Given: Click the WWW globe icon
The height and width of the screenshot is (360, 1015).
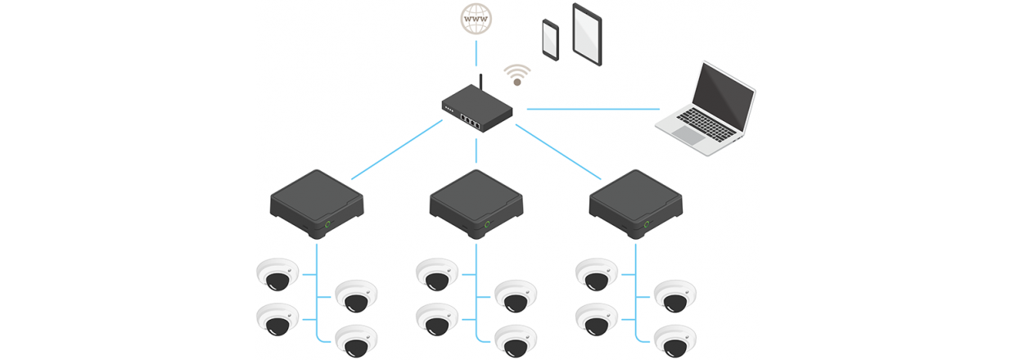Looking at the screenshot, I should tap(475, 17).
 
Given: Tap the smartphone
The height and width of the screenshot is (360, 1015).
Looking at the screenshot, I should tap(550, 38).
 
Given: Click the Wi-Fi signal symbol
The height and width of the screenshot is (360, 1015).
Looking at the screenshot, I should tap(516, 75).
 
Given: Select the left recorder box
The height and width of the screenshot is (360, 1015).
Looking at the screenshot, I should tap(316, 201).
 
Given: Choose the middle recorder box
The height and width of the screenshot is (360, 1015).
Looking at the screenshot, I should tap(476, 201).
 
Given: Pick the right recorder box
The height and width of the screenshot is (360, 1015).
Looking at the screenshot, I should tap(636, 201).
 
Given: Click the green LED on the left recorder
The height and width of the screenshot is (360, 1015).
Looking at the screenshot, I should tap(328, 223).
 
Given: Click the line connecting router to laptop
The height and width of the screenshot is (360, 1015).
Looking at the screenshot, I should tap(593, 108).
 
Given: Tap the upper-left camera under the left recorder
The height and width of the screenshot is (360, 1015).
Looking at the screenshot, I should tap(277, 273).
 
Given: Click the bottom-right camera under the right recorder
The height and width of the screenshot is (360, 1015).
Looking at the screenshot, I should tap(675, 340).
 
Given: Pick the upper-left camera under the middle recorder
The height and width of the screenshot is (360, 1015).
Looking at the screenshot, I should tap(436, 273).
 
